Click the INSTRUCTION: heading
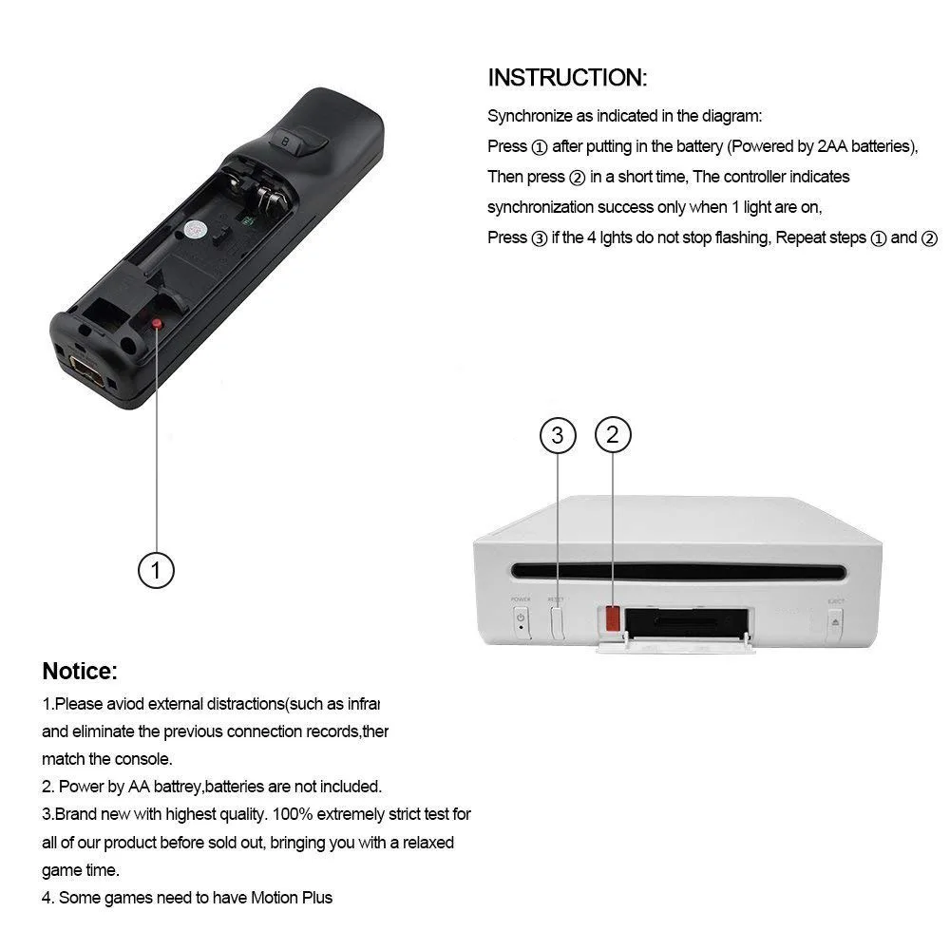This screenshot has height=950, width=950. click(567, 78)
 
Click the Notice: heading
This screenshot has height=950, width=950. click(80, 672)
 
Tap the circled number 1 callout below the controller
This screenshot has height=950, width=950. click(157, 571)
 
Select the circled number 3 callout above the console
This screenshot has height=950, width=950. click(558, 436)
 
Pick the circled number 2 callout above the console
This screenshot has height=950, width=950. click(613, 436)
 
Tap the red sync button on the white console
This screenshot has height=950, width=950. click(613, 618)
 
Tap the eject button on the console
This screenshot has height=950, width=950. click(835, 622)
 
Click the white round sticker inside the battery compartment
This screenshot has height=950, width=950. click(196, 228)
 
